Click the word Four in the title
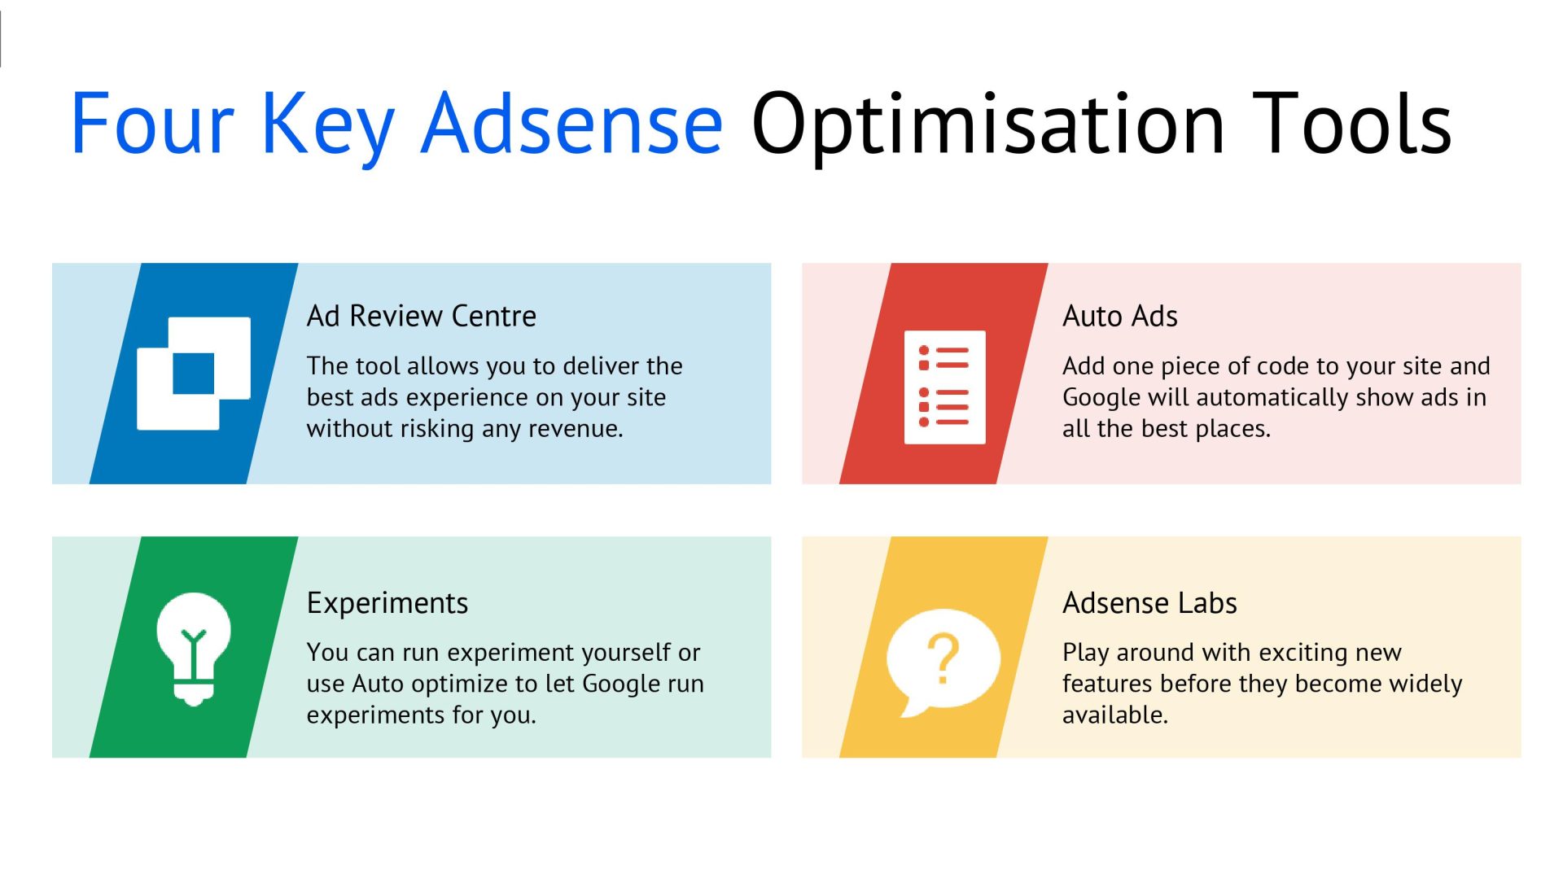click(x=152, y=125)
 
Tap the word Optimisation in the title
click(x=987, y=125)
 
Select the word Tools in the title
click(x=1351, y=125)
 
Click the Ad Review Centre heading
click(x=421, y=316)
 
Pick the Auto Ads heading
click(x=1119, y=316)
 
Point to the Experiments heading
click(x=387, y=603)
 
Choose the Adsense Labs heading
click(x=1149, y=603)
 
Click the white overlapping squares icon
click(x=194, y=374)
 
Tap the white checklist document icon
click(x=944, y=387)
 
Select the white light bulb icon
click(x=194, y=648)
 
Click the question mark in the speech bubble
click(x=943, y=658)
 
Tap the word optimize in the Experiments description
click(x=471, y=684)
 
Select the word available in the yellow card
click(x=1114, y=715)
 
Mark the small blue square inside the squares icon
click(x=194, y=374)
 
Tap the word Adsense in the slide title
click(x=571, y=125)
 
